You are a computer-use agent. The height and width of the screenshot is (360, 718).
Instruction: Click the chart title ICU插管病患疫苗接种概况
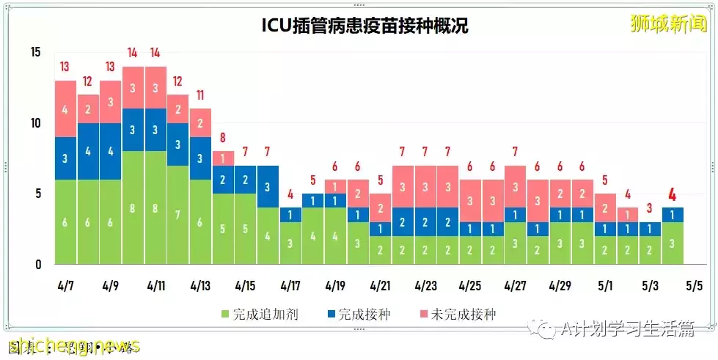coord(365,26)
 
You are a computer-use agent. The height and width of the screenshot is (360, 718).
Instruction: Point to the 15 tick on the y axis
coord(36,52)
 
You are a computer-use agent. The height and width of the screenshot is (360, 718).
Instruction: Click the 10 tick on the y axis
coord(36,123)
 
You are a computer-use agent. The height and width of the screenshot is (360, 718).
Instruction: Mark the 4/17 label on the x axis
coord(290,284)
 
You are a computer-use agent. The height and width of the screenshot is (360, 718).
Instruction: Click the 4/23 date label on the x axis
coord(426,284)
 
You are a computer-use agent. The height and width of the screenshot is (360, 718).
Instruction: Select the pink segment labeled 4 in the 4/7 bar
coord(65,109)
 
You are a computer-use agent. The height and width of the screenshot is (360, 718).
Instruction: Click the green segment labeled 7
coord(177,215)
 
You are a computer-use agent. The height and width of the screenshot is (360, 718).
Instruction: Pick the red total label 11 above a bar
coord(200,95)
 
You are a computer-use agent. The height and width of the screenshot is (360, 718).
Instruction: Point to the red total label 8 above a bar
coord(222,138)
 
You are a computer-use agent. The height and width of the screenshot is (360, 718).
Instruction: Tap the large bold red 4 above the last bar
coord(672,195)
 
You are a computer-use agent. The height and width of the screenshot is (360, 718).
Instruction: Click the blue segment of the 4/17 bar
coord(290,215)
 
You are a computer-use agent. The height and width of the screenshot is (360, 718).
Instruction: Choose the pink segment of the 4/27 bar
coord(515,186)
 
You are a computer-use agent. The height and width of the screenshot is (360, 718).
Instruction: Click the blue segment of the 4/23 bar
coord(426,222)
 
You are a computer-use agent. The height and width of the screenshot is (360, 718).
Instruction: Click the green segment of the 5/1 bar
coord(604,250)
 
